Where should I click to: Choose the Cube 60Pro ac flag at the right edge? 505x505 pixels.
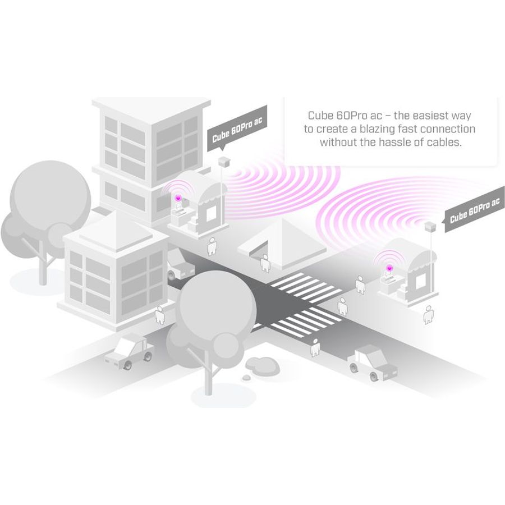474,209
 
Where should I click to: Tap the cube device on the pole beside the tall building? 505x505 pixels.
224,162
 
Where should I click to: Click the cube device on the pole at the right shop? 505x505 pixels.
430,226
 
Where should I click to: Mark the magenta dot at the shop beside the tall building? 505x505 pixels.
177,197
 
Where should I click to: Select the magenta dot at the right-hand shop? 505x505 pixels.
389,267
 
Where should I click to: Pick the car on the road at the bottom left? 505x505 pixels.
129,351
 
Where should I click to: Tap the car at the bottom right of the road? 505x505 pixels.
373,362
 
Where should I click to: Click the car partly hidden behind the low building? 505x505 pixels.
181,264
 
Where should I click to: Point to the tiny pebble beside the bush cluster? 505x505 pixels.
246,378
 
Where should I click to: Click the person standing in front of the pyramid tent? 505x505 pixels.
265,264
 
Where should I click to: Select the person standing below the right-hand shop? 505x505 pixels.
428,315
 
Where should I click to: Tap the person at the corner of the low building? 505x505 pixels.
160,315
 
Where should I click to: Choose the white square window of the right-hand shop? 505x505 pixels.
420,283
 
